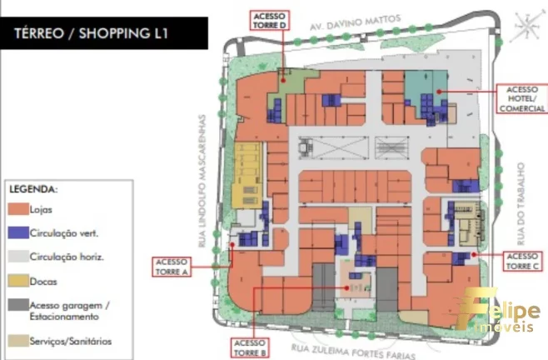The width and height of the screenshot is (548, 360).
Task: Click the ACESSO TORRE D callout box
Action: click(x=270, y=20)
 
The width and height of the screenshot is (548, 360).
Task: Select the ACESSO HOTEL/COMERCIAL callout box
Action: click(x=522, y=98)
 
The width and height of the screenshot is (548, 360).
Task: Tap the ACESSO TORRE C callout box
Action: click(x=523, y=261)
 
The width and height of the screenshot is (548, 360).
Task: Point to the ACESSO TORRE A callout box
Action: click(x=172, y=267)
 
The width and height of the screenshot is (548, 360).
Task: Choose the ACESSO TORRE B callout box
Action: click(x=250, y=347)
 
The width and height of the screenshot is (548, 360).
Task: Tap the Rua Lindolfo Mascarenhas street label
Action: click(x=202, y=181)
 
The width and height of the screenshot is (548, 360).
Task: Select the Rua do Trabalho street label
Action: click(x=521, y=204)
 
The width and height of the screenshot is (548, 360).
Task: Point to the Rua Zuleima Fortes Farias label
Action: click(x=353, y=352)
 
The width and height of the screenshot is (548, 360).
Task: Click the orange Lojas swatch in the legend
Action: click(x=18, y=209)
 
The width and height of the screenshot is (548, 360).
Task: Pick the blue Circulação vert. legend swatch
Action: click(x=18, y=232)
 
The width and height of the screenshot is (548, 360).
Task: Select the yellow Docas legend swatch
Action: click(x=18, y=281)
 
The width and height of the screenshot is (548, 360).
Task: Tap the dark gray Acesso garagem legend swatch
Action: click(x=18, y=305)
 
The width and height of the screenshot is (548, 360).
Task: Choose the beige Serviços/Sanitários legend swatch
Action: click(x=18, y=341)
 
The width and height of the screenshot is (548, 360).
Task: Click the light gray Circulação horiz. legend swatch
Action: click(x=18, y=257)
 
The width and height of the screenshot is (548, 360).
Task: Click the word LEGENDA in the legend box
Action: click(x=33, y=189)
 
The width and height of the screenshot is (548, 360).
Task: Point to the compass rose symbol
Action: click(x=527, y=26)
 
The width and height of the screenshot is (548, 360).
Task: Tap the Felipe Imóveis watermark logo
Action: click(x=498, y=309)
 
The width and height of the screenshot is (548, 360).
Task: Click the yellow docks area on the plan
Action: click(x=248, y=175)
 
